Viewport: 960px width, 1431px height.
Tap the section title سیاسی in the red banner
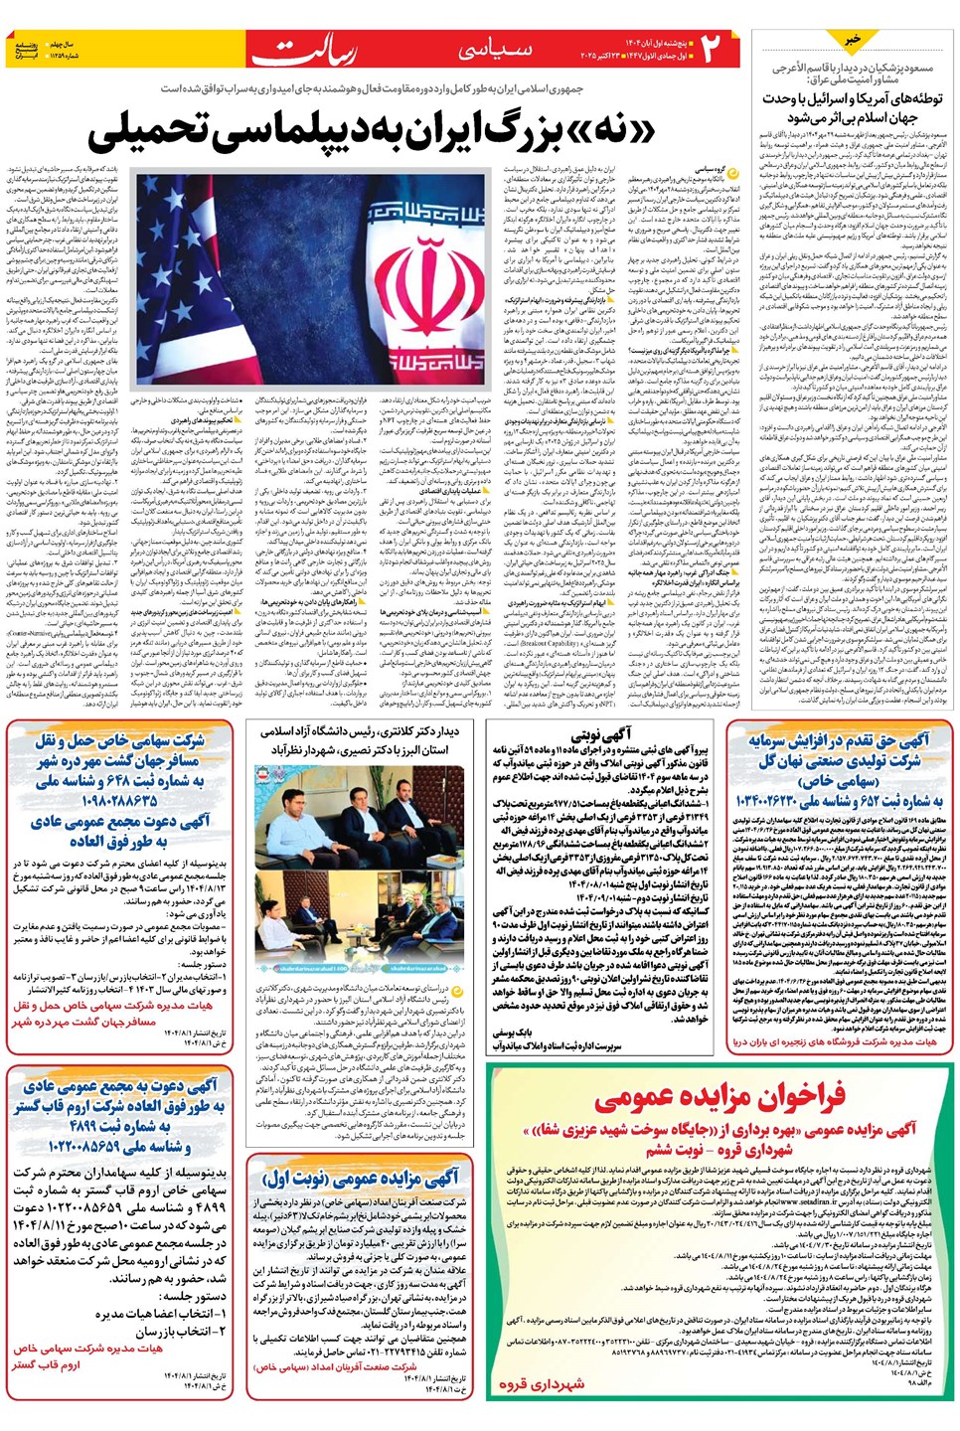point(496,50)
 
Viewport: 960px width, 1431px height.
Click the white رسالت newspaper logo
point(316,51)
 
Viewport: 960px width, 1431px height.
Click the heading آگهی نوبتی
point(602,735)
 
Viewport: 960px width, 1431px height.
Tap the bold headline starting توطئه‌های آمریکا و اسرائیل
point(853,107)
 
